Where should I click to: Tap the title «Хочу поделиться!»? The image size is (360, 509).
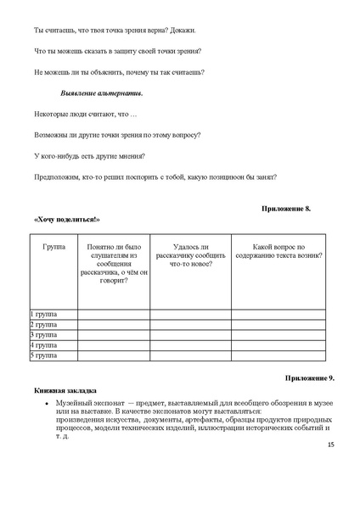pos(72,220)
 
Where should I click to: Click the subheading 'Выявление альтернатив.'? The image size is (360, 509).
pos(101,92)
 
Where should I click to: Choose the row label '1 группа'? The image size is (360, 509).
pos(43,314)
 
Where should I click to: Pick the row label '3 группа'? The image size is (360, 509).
pos(43,335)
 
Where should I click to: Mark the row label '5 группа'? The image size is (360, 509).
pos(43,356)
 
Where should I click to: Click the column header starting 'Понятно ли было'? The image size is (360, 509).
pos(114,262)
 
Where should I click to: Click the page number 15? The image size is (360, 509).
pos(330,444)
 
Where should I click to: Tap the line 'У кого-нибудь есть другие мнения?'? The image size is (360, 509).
pos(89,155)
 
